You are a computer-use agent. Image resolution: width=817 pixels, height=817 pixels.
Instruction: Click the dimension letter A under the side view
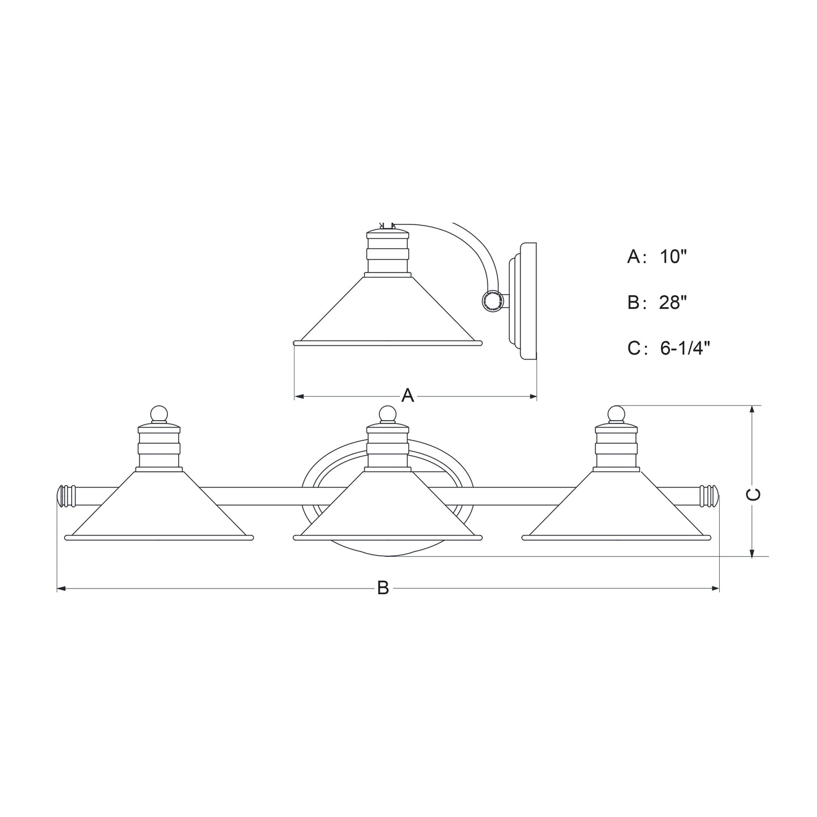point(408,396)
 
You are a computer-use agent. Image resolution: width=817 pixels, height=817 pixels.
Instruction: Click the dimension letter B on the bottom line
point(383,589)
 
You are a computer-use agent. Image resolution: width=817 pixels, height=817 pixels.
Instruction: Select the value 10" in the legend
point(673,257)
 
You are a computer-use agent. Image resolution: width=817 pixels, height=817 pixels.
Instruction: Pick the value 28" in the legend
point(673,303)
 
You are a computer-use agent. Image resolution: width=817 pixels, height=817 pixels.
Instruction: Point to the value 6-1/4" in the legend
point(684,348)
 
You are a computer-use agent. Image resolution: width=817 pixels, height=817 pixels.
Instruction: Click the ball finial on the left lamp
point(159,414)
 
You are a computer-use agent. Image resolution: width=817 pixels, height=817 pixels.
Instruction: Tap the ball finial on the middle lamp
point(387,414)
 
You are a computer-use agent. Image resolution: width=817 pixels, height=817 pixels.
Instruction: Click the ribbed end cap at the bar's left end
point(67,496)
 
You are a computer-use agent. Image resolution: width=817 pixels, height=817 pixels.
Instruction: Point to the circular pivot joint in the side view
point(492,301)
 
